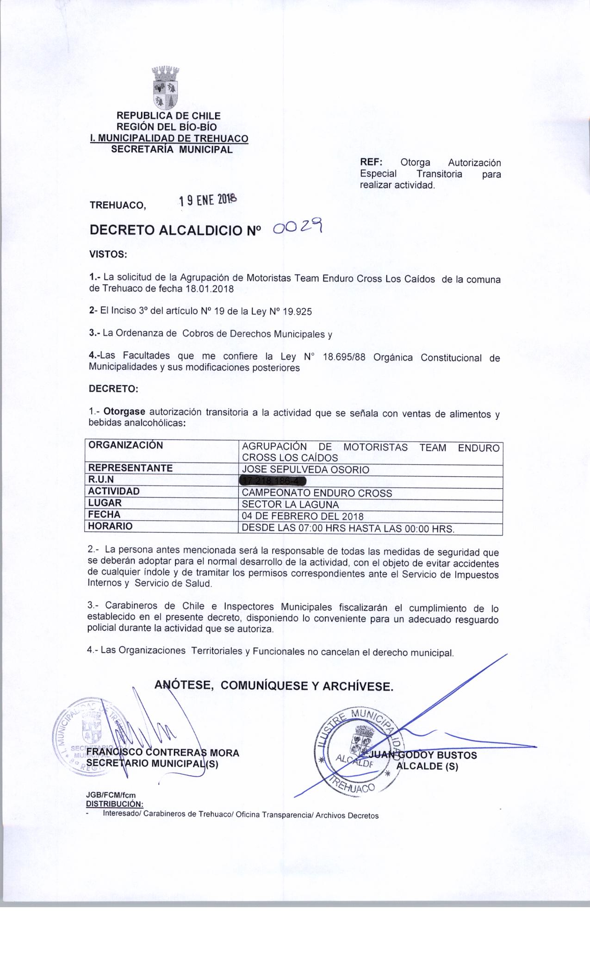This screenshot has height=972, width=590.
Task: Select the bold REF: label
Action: [x=371, y=163]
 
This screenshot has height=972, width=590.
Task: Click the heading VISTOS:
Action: [x=107, y=254]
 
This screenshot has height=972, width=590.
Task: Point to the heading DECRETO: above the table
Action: [x=113, y=389]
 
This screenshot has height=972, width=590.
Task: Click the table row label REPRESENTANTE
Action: [x=130, y=468]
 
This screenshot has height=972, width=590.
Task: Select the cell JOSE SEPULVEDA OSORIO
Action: [x=305, y=470]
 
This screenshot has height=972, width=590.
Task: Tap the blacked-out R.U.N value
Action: [x=267, y=481]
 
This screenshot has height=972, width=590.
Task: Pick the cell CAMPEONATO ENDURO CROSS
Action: [x=317, y=493]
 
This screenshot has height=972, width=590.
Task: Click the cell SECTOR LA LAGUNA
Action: [x=291, y=505]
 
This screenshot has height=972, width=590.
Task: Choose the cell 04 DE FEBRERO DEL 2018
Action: [x=303, y=516]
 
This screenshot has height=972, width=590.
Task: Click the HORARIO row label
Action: [x=110, y=526]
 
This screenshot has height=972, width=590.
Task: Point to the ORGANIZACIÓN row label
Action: [x=125, y=445]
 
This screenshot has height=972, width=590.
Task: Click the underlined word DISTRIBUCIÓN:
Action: [x=115, y=803]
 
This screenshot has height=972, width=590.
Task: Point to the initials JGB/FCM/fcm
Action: [x=111, y=795]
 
